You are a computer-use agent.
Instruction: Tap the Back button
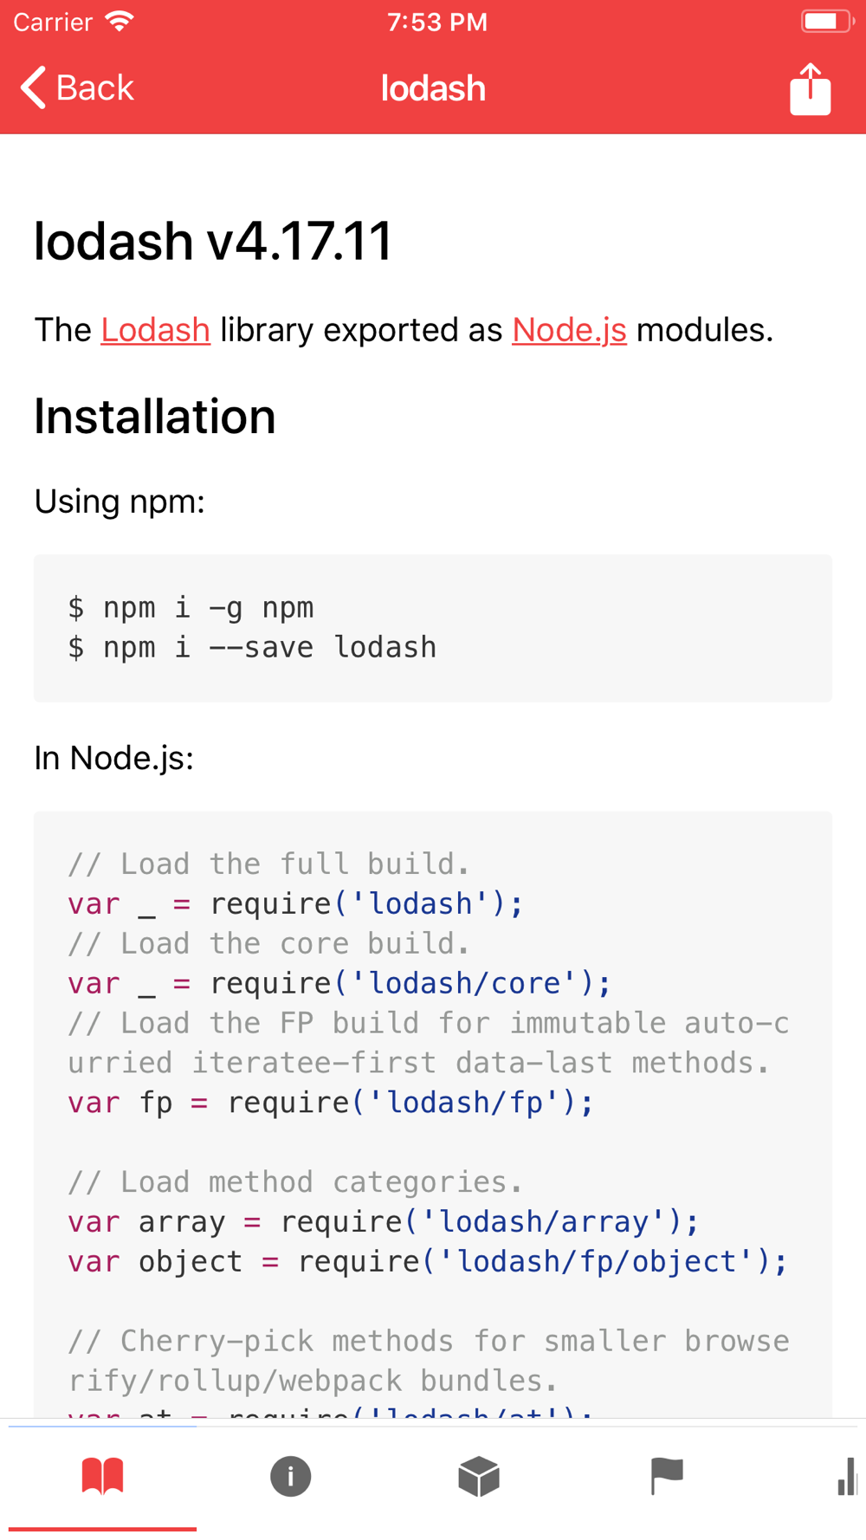(x=77, y=88)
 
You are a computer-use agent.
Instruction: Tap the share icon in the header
(x=810, y=89)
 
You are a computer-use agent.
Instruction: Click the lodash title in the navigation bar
(x=433, y=88)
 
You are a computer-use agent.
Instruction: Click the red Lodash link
(x=155, y=330)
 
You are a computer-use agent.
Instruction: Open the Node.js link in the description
(x=569, y=330)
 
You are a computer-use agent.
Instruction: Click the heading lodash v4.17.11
(x=213, y=241)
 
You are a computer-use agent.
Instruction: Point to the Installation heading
(x=154, y=417)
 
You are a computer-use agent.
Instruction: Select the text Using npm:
(x=120, y=501)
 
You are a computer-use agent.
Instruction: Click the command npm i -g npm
(x=208, y=608)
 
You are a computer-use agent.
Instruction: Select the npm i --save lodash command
(x=269, y=648)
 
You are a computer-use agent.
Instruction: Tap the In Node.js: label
(x=113, y=758)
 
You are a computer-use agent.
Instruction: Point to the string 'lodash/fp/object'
(x=598, y=1262)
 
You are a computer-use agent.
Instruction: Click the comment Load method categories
(x=294, y=1182)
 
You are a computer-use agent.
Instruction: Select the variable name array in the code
(x=182, y=1222)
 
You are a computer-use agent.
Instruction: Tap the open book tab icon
(x=102, y=1476)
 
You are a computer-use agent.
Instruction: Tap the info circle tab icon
(x=290, y=1476)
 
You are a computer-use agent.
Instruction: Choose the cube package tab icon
(x=479, y=1476)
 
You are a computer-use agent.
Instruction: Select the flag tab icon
(x=667, y=1476)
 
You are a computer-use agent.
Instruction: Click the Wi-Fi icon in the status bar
(x=120, y=22)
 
